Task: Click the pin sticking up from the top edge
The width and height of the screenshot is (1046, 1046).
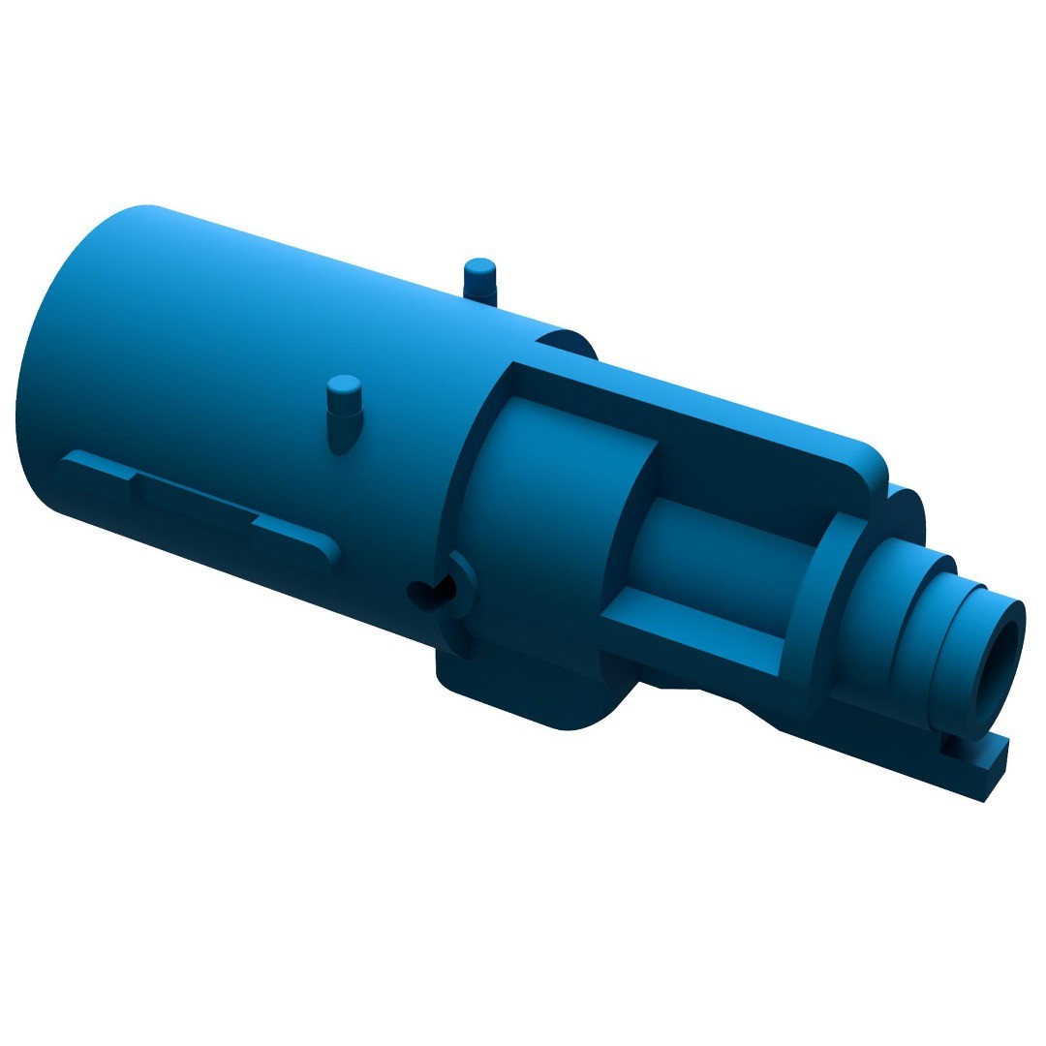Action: [480, 276]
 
